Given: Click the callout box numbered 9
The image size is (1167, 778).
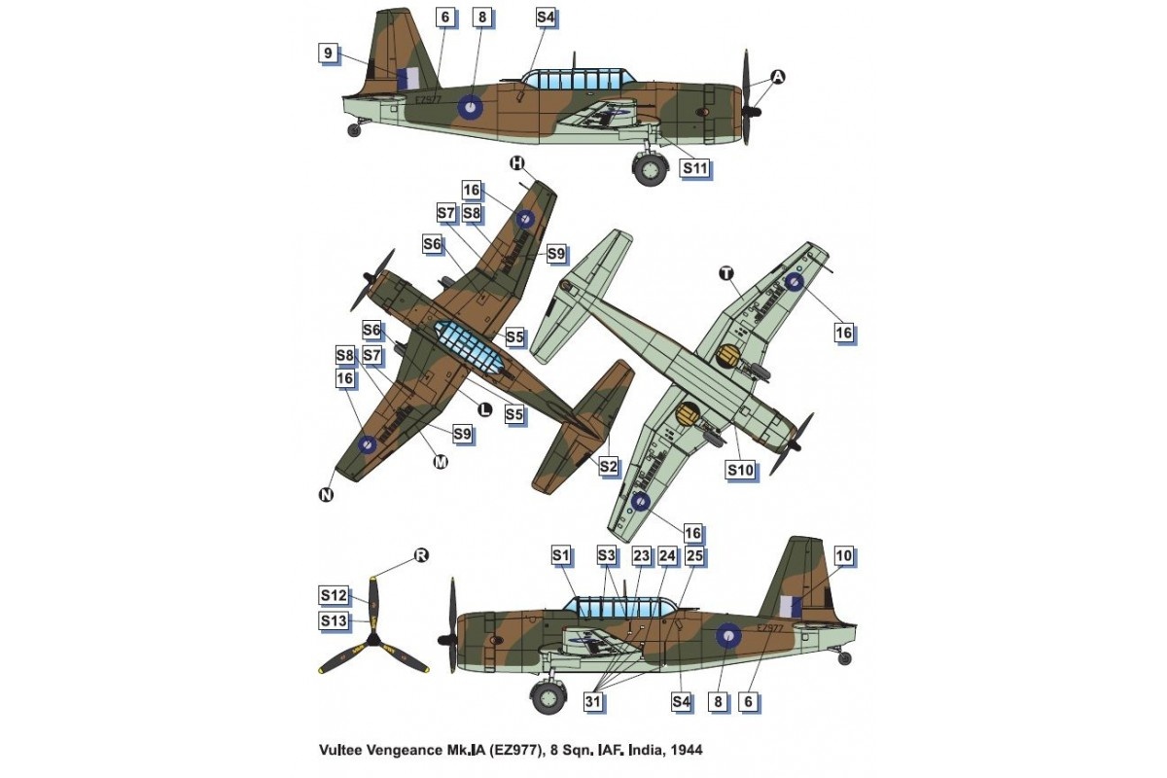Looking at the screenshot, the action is click(x=331, y=54).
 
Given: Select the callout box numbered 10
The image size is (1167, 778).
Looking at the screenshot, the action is click(x=843, y=556).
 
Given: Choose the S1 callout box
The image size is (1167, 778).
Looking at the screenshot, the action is click(x=560, y=556).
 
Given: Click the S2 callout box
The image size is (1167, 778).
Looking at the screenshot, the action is click(x=608, y=467).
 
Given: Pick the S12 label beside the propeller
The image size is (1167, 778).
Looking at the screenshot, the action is click(x=333, y=595).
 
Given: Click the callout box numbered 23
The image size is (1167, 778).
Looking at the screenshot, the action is click(x=641, y=556).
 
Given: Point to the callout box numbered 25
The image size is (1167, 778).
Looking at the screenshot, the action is click(x=694, y=556).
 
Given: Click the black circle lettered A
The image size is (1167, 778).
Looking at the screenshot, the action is click(x=778, y=78).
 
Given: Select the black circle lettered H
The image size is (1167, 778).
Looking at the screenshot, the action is click(x=516, y=163).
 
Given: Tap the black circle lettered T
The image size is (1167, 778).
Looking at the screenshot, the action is click(x=726, y=273).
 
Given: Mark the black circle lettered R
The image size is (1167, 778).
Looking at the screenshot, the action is click(x=421, y=555).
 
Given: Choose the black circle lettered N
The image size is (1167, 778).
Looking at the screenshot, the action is click(x=325, y=496).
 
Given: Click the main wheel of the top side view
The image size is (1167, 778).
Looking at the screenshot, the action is click(x=650, y=171).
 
